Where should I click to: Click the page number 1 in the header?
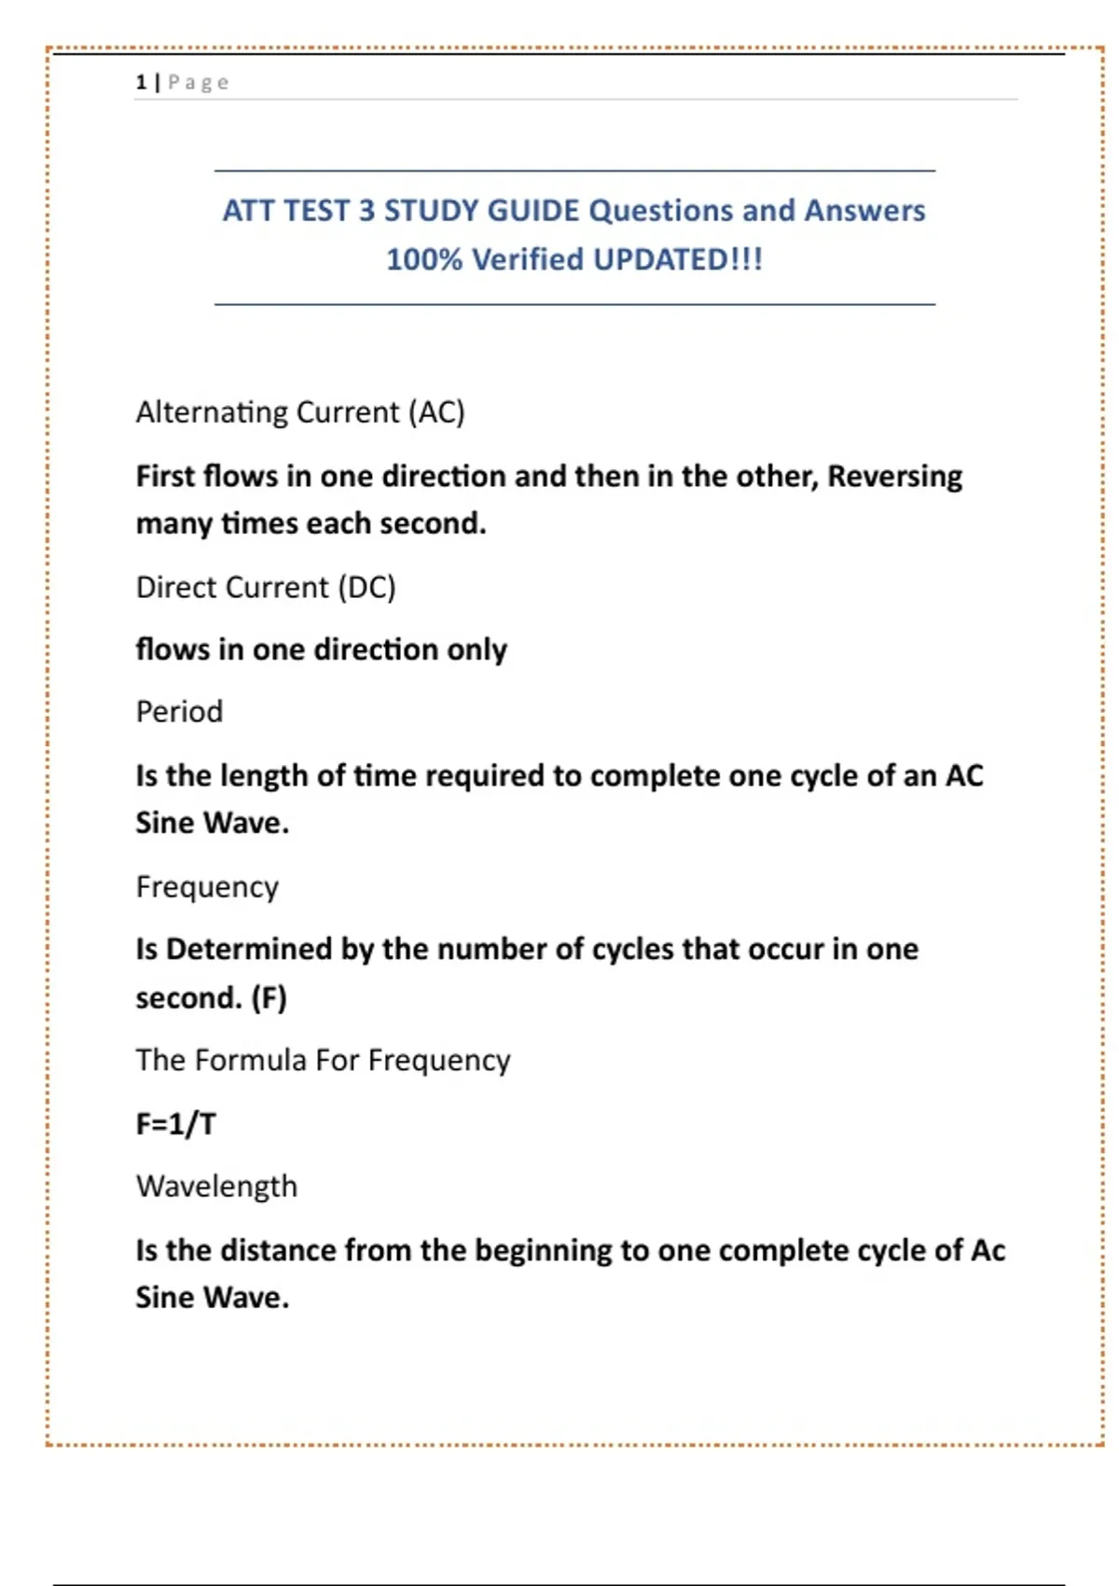pyautogui.click(x=141, y=82)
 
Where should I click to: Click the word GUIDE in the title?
pyautogui.click(x=532, y=211)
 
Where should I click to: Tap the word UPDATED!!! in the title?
pyautogui.click(x=678, y=259)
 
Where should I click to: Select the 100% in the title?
pyautogui.click(x=424, y=259)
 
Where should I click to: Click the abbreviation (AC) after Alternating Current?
pyautogui.click(x=436, y=412)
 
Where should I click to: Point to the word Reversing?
pyautogui.click(x=894, y=477)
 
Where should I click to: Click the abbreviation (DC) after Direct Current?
pyautogui.click(x=366, y=588)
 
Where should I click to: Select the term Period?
pyautogui.click(x=179, y=712)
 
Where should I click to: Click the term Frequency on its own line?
pyautogui.click(x=207, y=887)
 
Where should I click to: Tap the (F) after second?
pyautogui.click(x=269, y=998)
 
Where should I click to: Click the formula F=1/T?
pyautogui.click(x=175, y=1124)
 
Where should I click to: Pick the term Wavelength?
pyautogui.click(x=216, y=1187)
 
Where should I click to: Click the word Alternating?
pyautogui.click(x=211, y=412)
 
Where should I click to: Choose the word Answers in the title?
pyautogui.click(x=864, y=211)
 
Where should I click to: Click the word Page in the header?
pyautogui.click(x=198, y=82)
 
